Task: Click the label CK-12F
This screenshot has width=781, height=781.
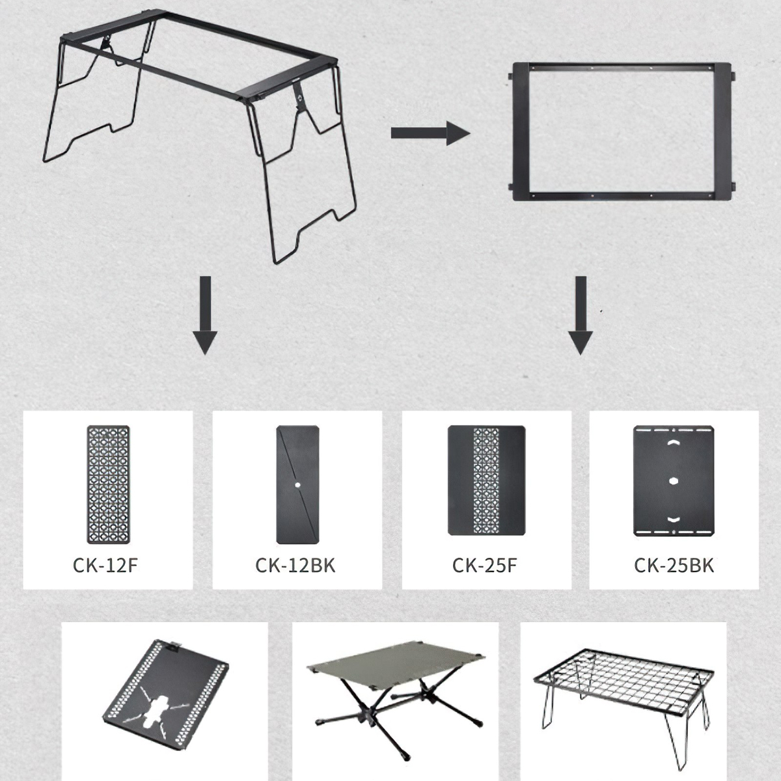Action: pos(105,566)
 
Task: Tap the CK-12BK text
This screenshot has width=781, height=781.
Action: pos(295,566)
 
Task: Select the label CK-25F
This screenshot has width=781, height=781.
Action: pos(485,566)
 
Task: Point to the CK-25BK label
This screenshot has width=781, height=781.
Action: pos(674,566)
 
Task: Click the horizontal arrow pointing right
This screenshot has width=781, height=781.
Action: pos(430,133)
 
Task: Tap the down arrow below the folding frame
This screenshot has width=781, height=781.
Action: pos(205,315)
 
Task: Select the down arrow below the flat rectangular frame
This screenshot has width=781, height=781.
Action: pos(581,315)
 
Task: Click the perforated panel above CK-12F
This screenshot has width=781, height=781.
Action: pos(108,484)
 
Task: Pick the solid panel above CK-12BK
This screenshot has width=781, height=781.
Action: pos(297,484)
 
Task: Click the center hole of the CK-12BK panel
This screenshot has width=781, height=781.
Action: pos(298,485)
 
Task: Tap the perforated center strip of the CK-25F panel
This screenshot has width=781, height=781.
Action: pos(486,481)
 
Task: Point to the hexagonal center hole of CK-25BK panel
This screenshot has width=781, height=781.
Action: pos(674,481)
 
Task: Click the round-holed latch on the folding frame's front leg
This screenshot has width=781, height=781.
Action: pos(299,97)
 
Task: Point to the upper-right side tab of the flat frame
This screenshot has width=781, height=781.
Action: pos(733,76)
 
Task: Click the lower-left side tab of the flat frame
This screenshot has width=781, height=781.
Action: pos(511,187)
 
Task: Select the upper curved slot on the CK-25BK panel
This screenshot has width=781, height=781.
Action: pos(674,443)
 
